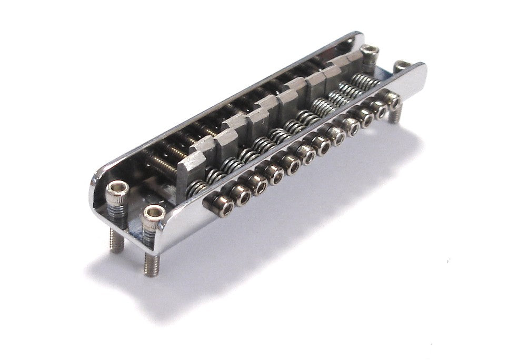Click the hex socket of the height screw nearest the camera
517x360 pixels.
154,213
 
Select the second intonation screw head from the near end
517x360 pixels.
243,196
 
